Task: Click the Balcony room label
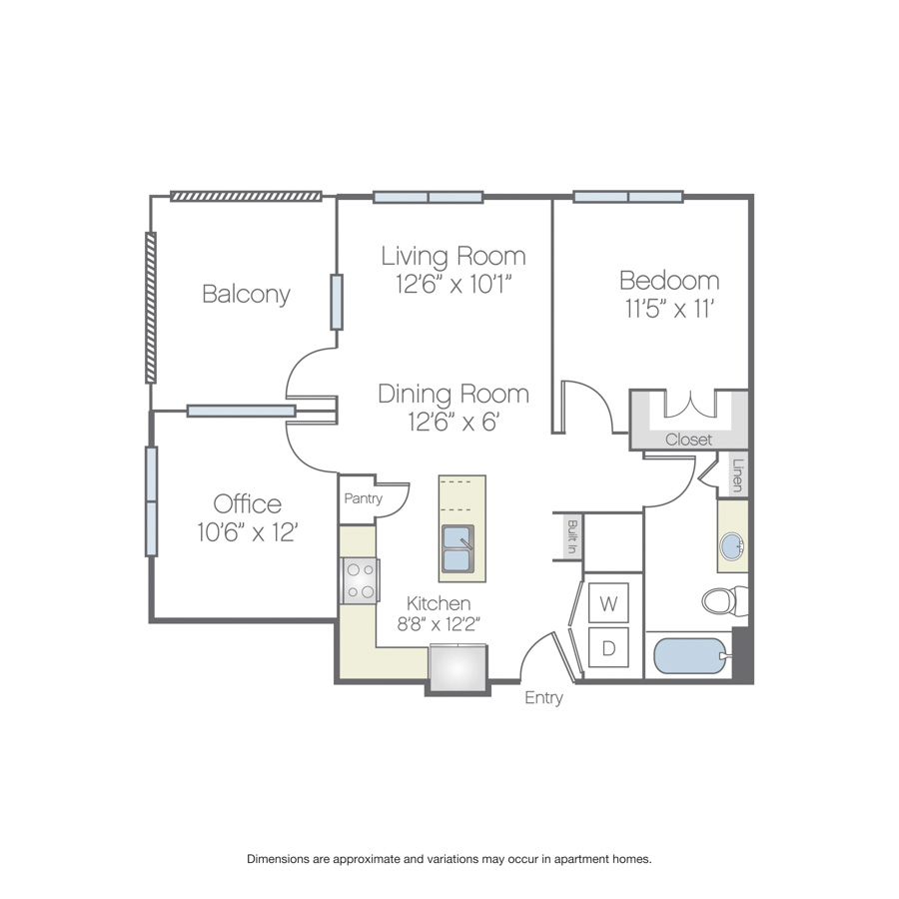click(x=246, y=294)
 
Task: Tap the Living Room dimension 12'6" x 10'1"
click(x=453, y=285)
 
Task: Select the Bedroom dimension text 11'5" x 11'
click(x=669, y=309)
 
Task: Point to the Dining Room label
click(x=453, y=394)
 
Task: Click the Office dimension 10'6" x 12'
click(x=247, y=532)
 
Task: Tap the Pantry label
click(x=363, y=498)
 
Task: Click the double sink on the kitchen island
click(x=458, y=548)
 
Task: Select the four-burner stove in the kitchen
click(x=360, y=580)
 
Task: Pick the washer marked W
click(x=608, y=602)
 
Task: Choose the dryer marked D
click(x=608, y=647)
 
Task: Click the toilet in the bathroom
click(x=725, y=601)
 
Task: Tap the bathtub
click(x=692, y=656)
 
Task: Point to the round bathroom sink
click(x=732, y=546)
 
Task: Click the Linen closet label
click(x=738, y=475)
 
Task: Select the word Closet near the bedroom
click(x=688, y=440)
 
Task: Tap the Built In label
click(x=571, y=536)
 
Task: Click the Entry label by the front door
click(x=543, y=698)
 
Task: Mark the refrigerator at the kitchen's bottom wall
click(x=458, y=668)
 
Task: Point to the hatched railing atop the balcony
click(x=246, y=197)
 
